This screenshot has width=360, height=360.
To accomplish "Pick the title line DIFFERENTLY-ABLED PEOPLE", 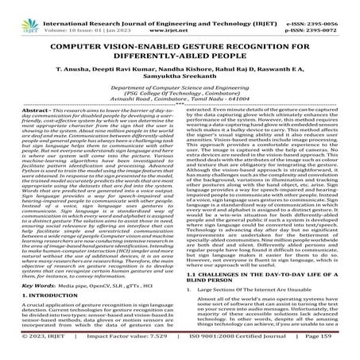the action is coord(179,44).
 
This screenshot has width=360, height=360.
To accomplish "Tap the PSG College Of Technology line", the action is coord(179,96).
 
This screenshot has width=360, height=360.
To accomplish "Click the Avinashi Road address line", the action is coord(179,103).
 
